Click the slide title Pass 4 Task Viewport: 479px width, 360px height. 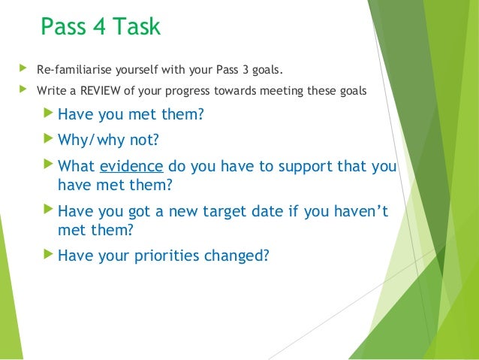[x=100, y=27]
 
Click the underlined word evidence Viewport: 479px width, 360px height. [x=131, y=166]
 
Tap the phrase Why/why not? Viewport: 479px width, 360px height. [x=109, y=141]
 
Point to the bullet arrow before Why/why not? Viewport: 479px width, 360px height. [x=49, y=140]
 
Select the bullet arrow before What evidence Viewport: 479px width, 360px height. [x=49, y=165]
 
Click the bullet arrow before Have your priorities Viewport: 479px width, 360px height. [x=49, y=254]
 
